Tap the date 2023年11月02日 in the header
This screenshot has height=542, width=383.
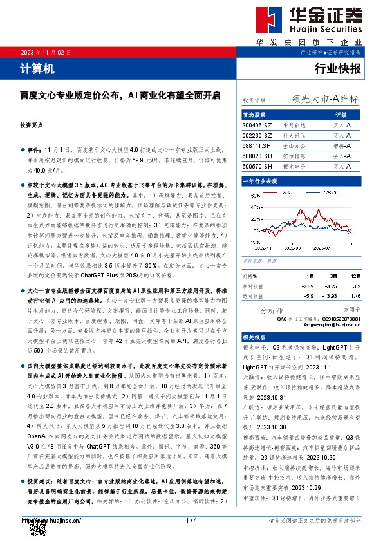coord(44,52)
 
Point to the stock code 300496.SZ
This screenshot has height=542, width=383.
coord(257,126)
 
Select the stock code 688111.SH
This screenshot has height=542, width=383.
coord(257,146)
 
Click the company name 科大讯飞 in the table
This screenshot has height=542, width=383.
coord(294,136)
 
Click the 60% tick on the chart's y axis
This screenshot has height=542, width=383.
coord(247,192)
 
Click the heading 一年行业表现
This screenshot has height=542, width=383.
coord(260,182)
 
